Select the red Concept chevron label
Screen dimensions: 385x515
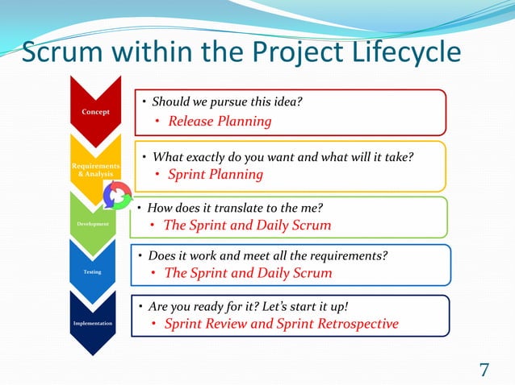pyautogui.click(x=95, y=111)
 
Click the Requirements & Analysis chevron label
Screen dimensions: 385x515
pyautogui.click(x=95, y=170)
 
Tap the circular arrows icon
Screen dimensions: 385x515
pyautogui.click(x=118, y=195)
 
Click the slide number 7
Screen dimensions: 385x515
pyautogui.click(x=484, y=371)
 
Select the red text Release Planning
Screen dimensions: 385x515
pyautogui.click(x=220, y=122)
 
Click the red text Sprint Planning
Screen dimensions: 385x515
pyautogui.click(x=216, y=174)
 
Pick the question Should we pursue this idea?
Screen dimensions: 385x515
pyautogui.click(x=228, y=101)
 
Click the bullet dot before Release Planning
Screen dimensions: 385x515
pyautogui.click(x=159, y=122)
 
